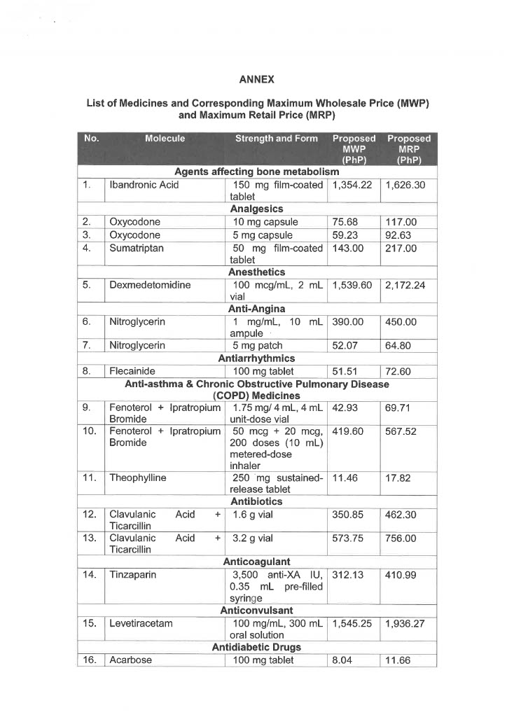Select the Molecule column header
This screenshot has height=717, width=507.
pyautogui.click(x=165, y=139)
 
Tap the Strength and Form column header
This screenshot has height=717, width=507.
pyautogui.click(x=276, y=139)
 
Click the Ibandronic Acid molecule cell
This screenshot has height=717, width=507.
pyautogui.click(x=144, y=185)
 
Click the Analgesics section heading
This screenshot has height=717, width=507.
pyautogui.click(x=256, y=209)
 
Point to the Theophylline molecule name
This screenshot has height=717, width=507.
pyautogui.click(x=138, y=478)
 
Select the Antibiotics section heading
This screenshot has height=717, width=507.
pyautogui.click(x=256, y=501)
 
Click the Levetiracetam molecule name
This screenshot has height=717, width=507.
pyautogui.click(x=142, y=622)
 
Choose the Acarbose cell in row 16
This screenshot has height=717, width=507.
pyautogui.click(x=131, y=660)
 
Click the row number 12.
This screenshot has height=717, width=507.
pyautogui.click(x=89, y=515)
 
